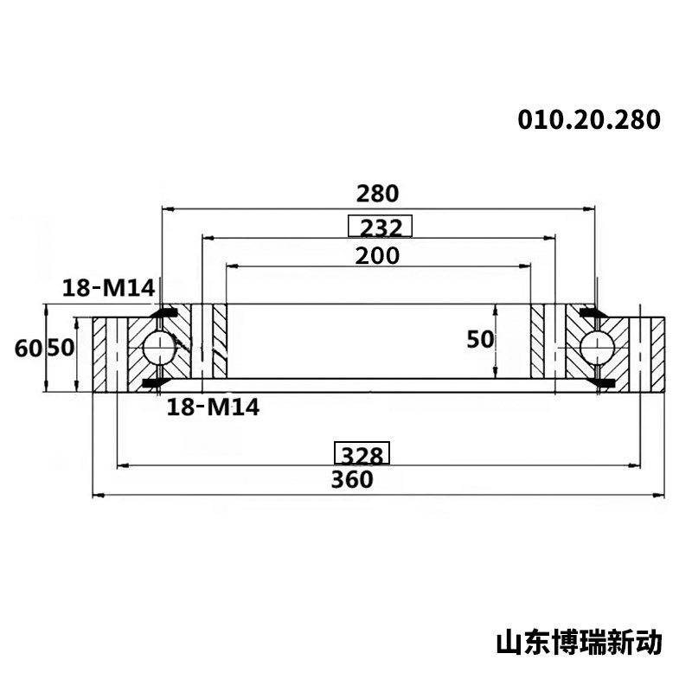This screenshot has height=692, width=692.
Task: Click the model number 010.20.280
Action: coord(589,119)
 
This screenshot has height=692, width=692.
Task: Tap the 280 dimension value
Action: coord(377,193)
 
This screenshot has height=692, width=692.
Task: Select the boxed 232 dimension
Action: coord(380,226)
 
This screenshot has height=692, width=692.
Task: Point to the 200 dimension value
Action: coord(377,255)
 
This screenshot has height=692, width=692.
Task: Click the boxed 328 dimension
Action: coord(362,452)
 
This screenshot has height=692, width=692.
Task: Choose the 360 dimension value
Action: coord(352,479)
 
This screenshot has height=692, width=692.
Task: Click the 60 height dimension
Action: coord(29,349)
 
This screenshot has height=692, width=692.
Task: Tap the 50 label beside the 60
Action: coord(61,348)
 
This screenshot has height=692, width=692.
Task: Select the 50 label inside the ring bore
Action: coord(480,339)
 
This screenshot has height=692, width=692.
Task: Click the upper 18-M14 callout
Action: coord(109,288)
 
